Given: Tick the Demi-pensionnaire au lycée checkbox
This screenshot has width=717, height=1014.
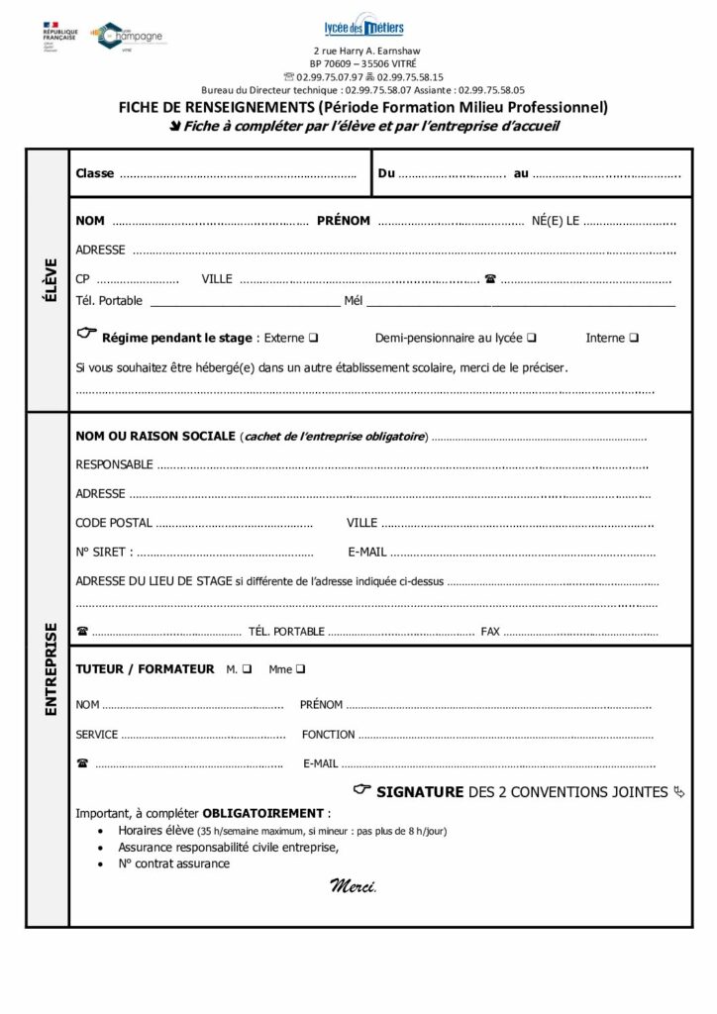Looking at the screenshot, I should click(x=533, y=338).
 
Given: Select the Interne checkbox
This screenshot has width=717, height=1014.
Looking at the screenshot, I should click(x=634, y=338).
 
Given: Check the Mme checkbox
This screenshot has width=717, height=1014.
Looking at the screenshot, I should click(x=301, y=669).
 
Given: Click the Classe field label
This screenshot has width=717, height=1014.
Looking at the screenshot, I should click(x=95, y=173).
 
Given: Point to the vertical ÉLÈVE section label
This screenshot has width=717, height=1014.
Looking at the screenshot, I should click(x=50, y=280).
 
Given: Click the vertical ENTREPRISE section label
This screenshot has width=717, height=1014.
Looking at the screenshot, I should click(x=50, y=669).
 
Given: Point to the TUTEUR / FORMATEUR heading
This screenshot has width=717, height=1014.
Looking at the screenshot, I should click(x=145, y=669).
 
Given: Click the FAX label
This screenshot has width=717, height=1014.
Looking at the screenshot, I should click(x=490, y=631).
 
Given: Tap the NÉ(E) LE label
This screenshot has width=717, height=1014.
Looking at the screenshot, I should click(x=555, y=221).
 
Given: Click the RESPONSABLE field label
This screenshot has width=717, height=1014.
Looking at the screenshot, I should click(x=114, y=464).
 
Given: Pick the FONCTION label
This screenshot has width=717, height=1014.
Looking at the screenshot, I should click(x=329, y=735).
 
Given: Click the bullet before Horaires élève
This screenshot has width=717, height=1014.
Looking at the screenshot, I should click(x=103, y=832).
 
